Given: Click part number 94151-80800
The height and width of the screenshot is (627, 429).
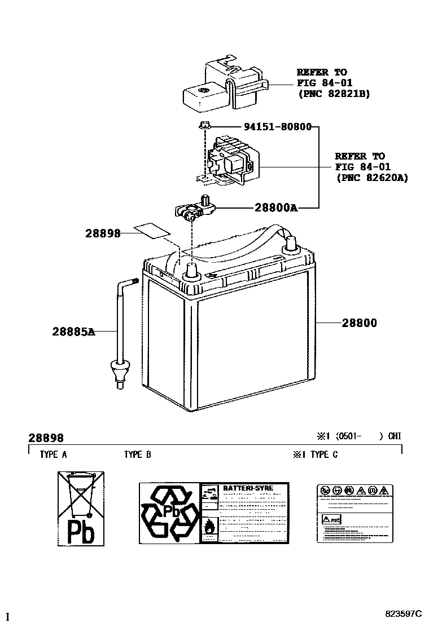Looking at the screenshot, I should [277, 127].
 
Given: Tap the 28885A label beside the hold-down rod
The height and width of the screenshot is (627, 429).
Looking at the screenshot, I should [73, 332].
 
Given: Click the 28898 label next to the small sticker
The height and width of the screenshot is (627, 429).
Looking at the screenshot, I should [103, 233].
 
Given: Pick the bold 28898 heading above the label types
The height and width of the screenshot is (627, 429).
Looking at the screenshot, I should [46, 438].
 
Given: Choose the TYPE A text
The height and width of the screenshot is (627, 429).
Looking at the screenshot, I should [53, 454].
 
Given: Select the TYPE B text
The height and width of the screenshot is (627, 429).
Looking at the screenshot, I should [137, 454].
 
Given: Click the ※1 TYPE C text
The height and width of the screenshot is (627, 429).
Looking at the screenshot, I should [315, 454].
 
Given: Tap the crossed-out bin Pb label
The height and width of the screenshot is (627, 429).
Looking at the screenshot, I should [81, 509].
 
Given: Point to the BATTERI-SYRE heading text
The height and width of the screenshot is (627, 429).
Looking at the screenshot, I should [248, 488].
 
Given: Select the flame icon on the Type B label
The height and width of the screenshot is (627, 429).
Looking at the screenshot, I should [209, 527].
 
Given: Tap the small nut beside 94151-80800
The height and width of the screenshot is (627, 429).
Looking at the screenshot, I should [204, 126].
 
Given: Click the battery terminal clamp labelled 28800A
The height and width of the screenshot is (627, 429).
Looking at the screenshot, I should [193, 209].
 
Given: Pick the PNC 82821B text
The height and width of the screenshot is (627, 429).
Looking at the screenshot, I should [334, 94].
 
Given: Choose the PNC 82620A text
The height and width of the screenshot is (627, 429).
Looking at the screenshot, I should [371, 177].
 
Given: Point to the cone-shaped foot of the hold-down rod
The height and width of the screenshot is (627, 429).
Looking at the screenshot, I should [119, 370].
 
